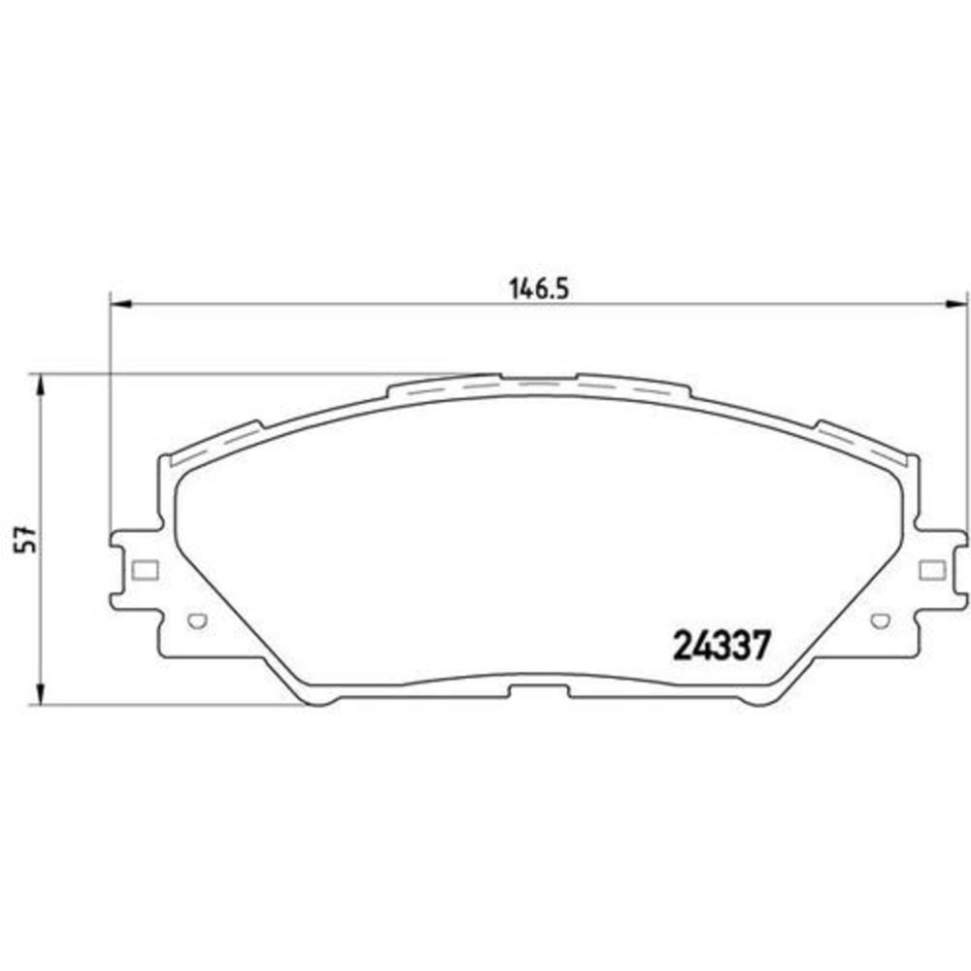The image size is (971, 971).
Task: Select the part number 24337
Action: (x=722, y=644)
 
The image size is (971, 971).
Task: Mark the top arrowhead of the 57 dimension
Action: (x=40, y=385)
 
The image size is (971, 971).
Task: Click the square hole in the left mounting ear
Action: (x=143, y=569)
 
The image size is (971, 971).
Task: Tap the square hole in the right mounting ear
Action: (x=929, y=569)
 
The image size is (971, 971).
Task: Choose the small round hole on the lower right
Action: (x=881, y=619)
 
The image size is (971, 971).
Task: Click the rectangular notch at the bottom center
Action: (x=539, y=691)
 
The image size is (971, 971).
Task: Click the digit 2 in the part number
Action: (x=683, y=644)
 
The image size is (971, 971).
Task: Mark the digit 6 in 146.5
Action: (x=537, y=287)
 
